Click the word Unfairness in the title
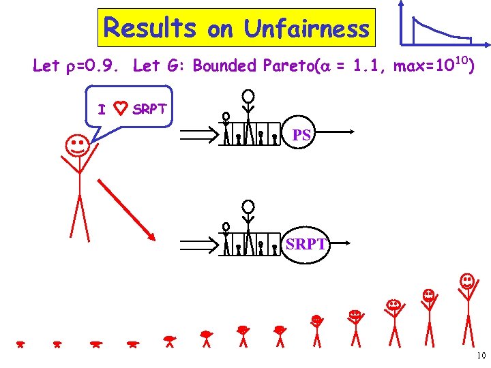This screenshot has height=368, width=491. coord(306,29)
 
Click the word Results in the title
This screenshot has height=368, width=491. coord(149,29)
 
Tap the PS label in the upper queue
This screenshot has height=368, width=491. coord(302,135)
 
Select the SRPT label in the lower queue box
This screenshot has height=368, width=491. coord(306,243)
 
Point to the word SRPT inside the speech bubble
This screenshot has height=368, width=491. coord(149,109)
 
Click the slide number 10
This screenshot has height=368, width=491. coord(481,355)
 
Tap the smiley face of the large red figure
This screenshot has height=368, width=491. coord(76,144)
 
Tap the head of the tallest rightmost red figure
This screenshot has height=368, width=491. coord(466,280)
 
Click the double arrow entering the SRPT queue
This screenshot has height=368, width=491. coord(199,243)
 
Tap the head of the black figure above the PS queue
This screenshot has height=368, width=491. coord(250,95)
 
